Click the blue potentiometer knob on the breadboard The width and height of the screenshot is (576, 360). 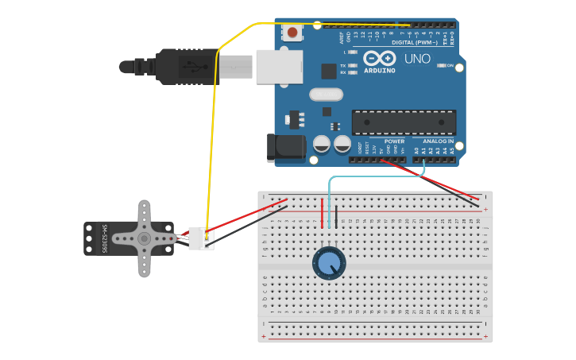point(329,263)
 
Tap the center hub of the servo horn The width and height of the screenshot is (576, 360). point(144,238)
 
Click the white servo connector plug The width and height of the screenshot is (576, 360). point(201,238)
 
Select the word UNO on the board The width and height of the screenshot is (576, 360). point(417,59)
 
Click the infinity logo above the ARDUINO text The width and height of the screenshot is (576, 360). point(379,58)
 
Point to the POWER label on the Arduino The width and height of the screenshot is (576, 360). point(395,141)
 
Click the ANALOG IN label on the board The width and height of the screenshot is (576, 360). point(438,141)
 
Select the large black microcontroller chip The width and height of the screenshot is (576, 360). point(404,122)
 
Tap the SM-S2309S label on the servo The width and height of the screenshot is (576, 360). point(104,238)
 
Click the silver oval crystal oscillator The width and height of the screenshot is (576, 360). point(326,95)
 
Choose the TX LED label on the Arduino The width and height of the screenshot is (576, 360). point(342,65)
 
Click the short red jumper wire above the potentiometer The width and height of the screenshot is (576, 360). point(322,213)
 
